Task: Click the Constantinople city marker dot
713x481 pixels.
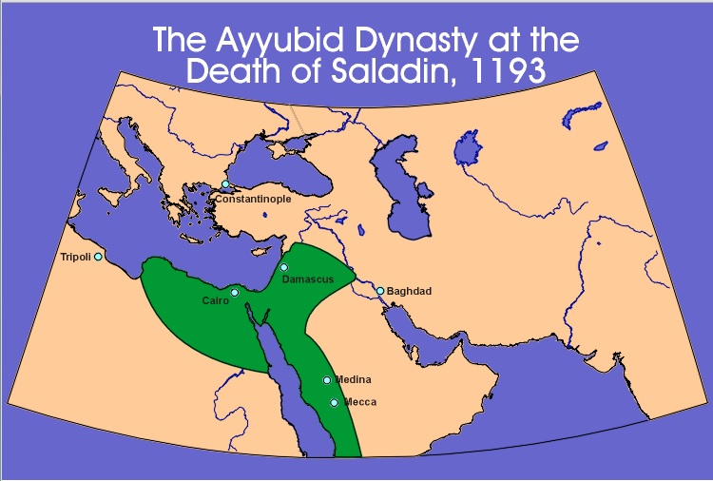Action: [225, 184]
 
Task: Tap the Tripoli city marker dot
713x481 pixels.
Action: [98, 257]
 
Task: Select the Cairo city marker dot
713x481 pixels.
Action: [235, 292]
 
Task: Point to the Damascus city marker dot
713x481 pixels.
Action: [283, 267]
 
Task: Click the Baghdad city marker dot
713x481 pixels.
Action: [380, 291]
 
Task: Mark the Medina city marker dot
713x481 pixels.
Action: [327, 380]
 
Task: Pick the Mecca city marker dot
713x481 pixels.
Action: [334, 403]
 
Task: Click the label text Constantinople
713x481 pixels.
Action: [253, 200]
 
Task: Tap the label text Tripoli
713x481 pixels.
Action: [75, 258]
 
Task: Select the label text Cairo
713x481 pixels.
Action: [215, 301]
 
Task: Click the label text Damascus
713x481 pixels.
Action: [307, 279]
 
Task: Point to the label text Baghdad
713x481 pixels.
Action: [410, 291]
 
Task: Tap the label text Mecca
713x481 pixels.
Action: [360, 402]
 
